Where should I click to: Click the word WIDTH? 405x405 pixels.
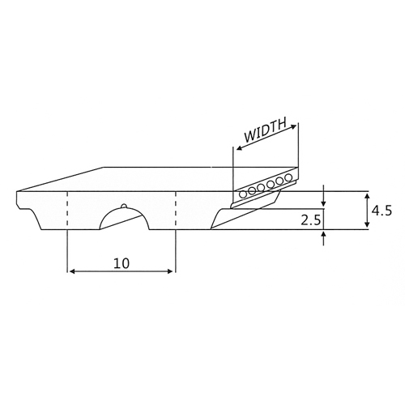point(265,130)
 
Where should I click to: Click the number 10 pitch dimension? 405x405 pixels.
point(122,263)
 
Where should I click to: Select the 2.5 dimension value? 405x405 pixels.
point(311,220)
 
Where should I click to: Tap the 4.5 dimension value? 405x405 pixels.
point(382,211)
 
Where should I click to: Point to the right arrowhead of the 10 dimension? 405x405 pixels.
point(170,271)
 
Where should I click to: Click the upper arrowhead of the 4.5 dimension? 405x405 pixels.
point(367,197)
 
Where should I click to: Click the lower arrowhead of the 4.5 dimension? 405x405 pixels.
point(367,224)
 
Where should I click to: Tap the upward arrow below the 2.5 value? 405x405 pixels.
point(324,238)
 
